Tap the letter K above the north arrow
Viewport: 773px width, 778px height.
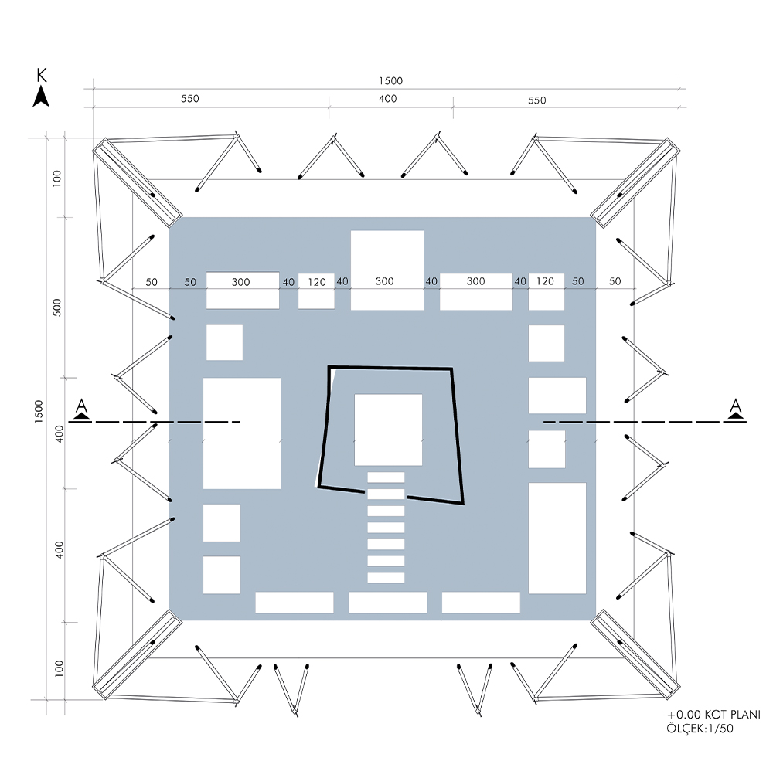[42, 75]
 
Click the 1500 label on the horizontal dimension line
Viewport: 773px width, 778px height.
[390, 81]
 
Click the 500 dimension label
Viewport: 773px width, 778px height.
[56, 307]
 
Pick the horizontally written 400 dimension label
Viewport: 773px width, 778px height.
[388, 99]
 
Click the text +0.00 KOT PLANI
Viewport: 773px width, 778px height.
[713, 715]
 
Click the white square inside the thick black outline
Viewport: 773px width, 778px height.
[388, 430]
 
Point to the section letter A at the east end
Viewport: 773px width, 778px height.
[736, 406]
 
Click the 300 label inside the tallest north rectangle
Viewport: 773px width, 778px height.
[385, 282]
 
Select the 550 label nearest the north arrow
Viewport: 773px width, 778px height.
[189, 100]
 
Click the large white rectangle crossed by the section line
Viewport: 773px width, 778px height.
[242, 433]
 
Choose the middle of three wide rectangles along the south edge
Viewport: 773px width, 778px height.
[388, 603]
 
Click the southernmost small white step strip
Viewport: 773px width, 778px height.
[386, 578]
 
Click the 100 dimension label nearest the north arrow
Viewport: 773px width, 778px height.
[56, 177]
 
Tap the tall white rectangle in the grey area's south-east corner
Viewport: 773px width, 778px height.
[557, 538]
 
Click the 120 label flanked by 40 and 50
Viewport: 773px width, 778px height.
[546, 281]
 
